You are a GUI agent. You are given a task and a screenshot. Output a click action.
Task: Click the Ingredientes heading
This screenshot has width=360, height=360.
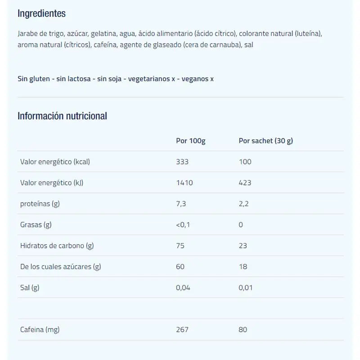click(41, 13)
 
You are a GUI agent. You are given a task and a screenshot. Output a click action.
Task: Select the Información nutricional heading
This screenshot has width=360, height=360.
click(62, 116)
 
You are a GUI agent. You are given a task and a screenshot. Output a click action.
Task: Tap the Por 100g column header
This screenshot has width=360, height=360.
click(190, 141)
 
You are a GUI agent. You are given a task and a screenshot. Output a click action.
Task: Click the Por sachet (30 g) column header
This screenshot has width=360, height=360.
click(265, 141)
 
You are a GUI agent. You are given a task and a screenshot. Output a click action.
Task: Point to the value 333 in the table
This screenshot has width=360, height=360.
click(182, 162)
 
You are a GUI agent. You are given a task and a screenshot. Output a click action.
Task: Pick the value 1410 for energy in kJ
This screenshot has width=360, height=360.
click(184, 183)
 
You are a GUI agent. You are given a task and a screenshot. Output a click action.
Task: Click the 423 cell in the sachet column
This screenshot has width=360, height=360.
click(245, 183)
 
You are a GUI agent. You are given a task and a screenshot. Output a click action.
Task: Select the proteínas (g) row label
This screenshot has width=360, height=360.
click(40, 203)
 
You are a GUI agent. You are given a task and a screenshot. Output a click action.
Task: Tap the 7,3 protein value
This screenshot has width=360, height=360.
click(181, 203)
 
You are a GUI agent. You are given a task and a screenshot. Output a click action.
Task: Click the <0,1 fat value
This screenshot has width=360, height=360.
click(183, 225)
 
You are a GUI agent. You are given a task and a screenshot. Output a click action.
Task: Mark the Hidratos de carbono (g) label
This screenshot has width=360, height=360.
click(57, 246)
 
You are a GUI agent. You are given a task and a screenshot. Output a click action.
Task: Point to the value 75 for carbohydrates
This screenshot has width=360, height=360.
click(180, 246)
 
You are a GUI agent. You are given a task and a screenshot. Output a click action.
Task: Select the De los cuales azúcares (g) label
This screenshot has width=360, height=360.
click(60, 266)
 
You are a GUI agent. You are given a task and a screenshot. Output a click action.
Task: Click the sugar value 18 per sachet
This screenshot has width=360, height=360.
click(243, 266)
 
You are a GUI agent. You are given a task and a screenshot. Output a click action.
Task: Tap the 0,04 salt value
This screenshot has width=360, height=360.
click(183, 288)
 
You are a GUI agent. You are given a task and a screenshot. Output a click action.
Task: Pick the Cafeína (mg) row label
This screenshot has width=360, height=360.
click(40, 329)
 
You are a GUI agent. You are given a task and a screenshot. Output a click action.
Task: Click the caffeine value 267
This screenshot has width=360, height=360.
click(182, 329)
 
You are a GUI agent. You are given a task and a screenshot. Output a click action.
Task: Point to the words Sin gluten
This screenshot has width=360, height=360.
click(33, 79)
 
